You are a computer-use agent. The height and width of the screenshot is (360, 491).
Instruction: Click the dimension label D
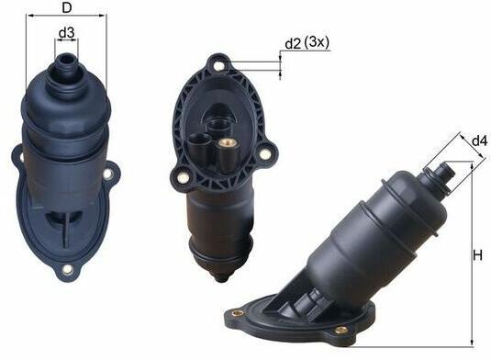67,7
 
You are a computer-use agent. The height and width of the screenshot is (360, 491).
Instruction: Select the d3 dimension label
66,32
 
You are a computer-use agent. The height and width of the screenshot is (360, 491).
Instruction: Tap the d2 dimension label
293,44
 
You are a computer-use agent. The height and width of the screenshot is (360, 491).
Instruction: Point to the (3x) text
317,42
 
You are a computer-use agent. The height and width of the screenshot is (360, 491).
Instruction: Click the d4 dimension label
480,141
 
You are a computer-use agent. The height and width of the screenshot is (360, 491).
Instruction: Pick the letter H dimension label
477,255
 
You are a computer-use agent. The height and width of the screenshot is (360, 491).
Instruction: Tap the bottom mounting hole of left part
67,269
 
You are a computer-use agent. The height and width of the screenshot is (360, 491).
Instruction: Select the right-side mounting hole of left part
107,174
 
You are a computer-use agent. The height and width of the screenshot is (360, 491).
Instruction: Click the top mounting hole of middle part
219,66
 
